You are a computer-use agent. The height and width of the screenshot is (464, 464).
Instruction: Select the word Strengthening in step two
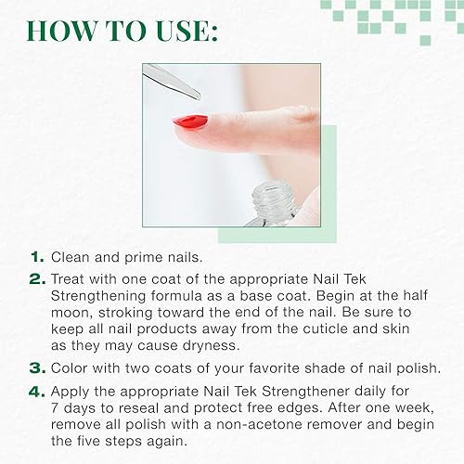coord(100,295)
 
